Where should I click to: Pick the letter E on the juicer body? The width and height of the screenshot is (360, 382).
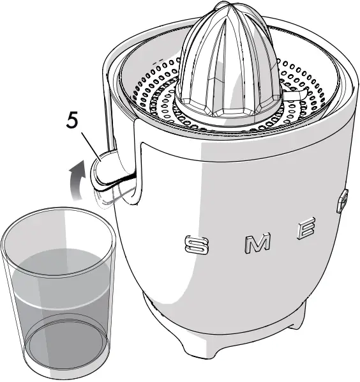305,229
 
